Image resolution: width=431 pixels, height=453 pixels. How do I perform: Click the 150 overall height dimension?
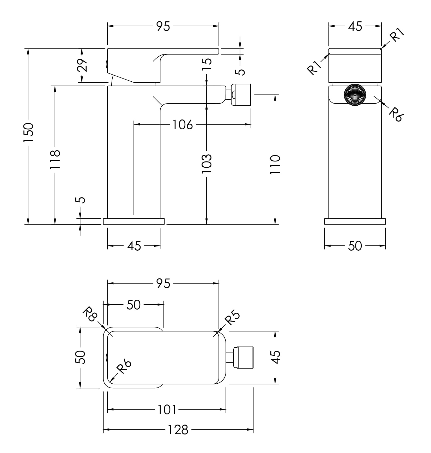click(28, 132)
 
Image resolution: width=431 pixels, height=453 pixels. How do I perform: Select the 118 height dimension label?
click(55, 159)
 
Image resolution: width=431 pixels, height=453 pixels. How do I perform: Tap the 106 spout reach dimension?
click(183, 125)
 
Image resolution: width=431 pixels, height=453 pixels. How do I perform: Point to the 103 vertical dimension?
click(207, 164)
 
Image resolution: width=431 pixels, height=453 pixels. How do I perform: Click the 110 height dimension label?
click(275, 164)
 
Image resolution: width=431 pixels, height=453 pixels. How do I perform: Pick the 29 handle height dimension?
click(82, 65)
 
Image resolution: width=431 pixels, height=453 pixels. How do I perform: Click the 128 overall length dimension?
click(178, 430)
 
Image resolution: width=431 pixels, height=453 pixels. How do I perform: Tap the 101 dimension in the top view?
click(167, 410)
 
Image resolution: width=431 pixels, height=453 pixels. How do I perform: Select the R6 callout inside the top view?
click(124, 367)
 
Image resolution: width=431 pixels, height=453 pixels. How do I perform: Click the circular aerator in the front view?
click(355, 95)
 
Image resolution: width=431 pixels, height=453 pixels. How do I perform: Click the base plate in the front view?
click(355, 221)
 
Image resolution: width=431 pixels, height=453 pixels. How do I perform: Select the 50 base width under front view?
click(355, 246)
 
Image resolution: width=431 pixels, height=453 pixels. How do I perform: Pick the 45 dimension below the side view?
click(134, 246)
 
